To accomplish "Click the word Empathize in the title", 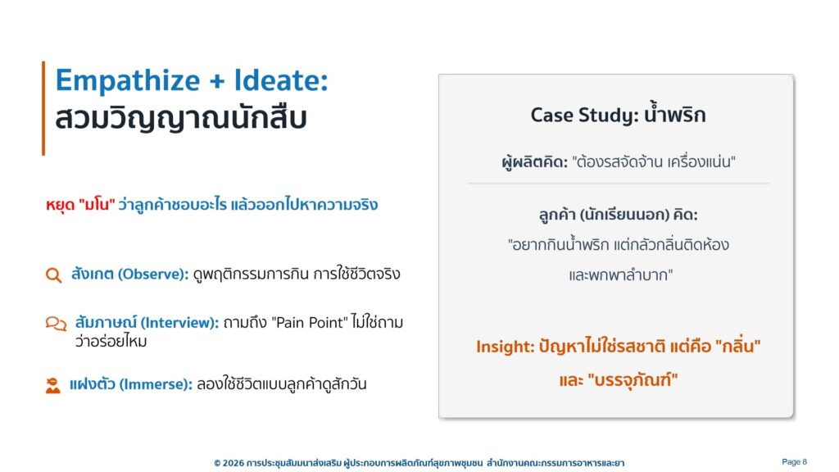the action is click(128, 81).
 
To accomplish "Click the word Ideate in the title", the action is click(281, 80).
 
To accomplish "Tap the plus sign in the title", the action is click(217, 82).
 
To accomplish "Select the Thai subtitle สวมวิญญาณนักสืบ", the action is click(181, 118).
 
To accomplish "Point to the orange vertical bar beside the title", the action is click(43, 108).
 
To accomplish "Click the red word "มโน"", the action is click(97, 205).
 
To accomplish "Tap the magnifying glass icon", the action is click(53, 275).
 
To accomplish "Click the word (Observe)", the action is click(153, 274).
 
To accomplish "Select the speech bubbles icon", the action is click(56, 324).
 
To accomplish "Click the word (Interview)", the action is click(179, 323).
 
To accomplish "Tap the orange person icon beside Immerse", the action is click(53, 385).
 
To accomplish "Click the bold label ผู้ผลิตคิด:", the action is click(534, 161).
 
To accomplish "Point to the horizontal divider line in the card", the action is click(618, 183).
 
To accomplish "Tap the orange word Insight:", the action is click(505, 347).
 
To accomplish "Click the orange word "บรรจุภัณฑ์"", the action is click(633, 380).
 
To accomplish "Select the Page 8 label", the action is click(794, 462).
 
